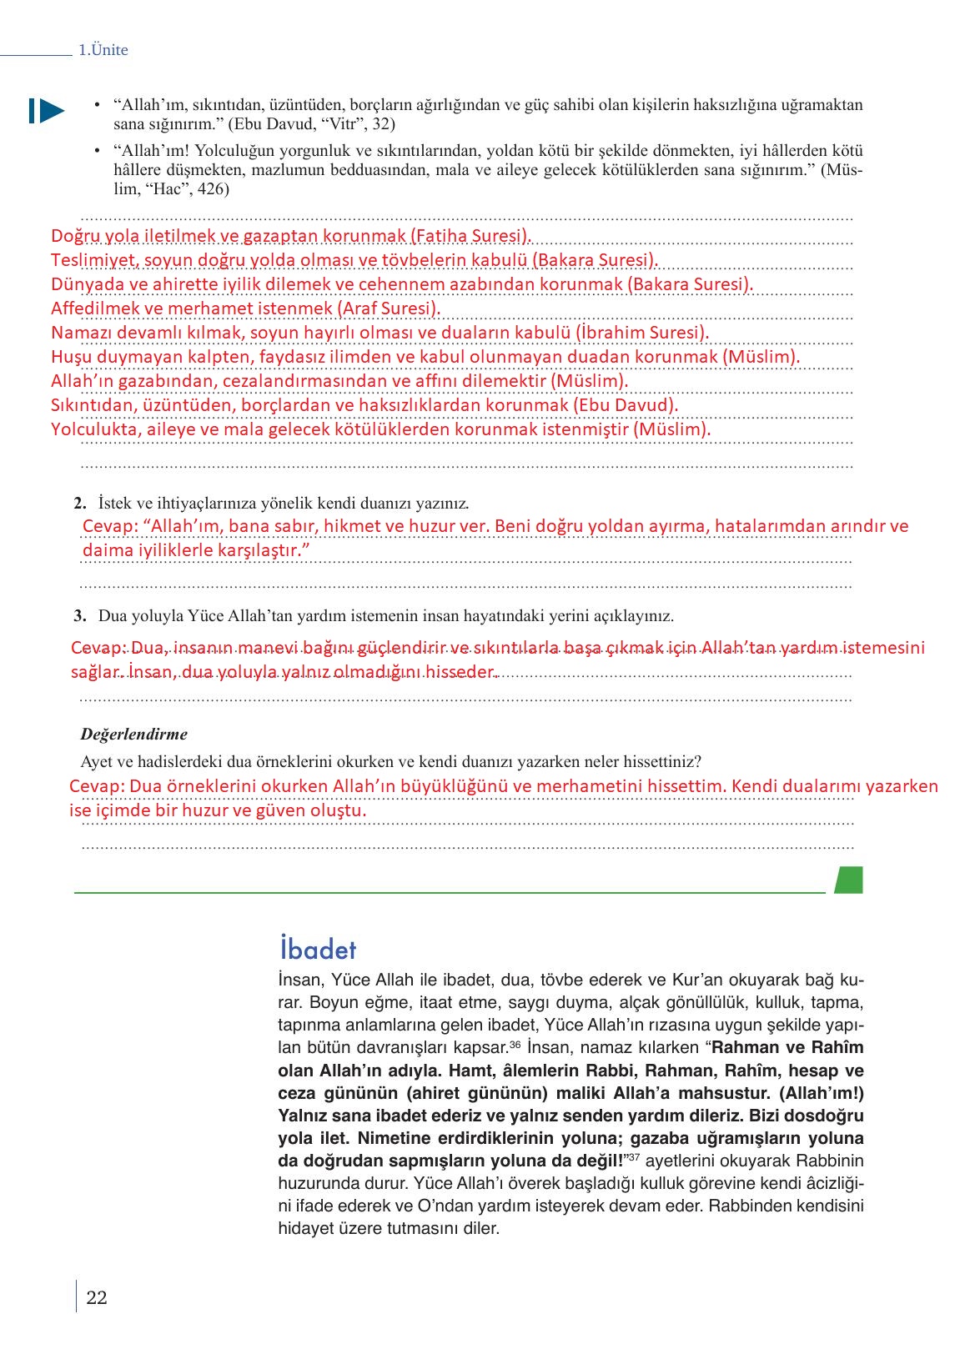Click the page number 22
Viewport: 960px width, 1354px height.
97,1297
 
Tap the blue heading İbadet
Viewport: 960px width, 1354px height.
318,949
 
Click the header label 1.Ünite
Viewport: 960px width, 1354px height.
103,50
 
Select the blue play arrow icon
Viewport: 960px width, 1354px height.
47,111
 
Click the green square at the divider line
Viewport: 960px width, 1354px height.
848,880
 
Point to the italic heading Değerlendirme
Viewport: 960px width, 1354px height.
134,735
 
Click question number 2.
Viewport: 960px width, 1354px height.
80,504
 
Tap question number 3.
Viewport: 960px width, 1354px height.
80,616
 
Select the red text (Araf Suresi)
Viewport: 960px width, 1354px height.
389,308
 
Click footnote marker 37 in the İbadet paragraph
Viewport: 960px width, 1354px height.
633,1157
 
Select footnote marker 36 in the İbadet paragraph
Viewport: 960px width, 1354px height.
515,1044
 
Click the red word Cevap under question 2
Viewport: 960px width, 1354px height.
109,526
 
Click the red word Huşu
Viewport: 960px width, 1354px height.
72,357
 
